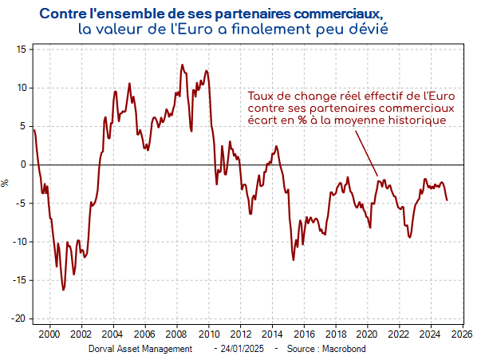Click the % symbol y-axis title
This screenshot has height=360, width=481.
(6, 183)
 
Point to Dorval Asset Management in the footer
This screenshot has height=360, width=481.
(140, 349)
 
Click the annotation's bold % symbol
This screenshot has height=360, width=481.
(303, 120)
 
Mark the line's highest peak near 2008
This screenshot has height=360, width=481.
(183, 65)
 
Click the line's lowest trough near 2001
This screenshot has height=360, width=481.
(64, 290)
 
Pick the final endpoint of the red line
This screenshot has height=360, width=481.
(447, 200)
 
